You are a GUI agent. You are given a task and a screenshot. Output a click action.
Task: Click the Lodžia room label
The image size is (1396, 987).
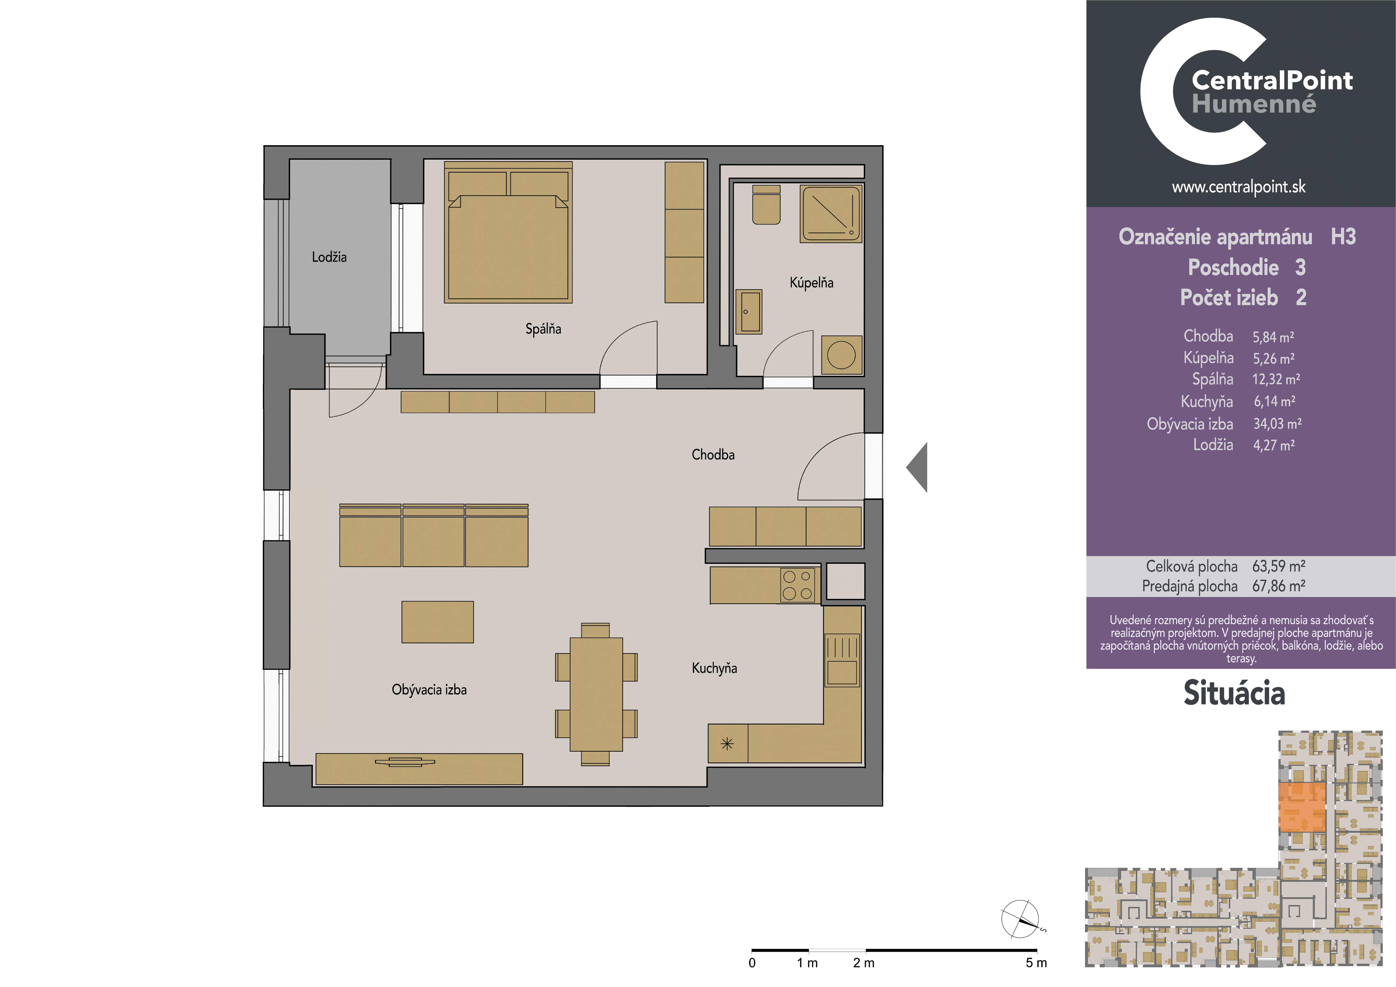tap(329, 257)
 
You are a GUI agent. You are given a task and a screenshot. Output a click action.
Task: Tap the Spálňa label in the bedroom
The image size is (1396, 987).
tap(543, 329)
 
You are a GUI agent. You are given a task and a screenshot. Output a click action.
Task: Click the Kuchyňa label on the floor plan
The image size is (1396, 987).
tap(714, 668)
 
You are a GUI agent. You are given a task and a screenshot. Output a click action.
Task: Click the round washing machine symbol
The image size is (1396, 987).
tap(842, 355)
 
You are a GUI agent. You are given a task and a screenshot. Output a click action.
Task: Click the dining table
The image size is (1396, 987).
tap(596, 694)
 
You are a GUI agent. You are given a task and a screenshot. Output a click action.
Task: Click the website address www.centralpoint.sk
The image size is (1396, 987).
tap(1238, 187)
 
